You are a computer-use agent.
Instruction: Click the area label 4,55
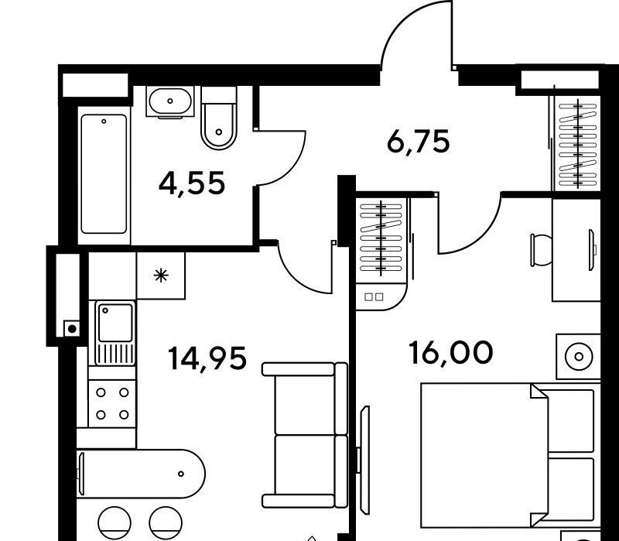[192, 183]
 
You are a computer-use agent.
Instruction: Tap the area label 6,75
[419, 142]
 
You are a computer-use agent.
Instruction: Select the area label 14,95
[207, 358]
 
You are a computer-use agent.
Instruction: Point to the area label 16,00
[451, 353]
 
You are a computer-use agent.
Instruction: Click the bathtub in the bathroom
[104, 174]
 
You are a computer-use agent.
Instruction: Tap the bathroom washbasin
[170, 101]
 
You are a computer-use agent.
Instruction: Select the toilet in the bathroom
[219, 118]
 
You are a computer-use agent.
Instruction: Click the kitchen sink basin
[115, 323]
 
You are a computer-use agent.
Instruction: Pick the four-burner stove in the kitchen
[112, 403]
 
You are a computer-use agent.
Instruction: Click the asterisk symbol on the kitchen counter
[161, 276]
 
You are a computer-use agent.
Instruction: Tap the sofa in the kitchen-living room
[305, 435]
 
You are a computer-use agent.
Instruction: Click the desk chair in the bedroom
[541, 249]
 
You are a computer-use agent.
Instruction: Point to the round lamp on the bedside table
[579, 357]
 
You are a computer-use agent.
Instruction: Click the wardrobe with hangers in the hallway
[578, 142]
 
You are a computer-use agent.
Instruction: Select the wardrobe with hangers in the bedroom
[381, 238]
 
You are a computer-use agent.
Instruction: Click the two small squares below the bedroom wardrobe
[374, 296]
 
